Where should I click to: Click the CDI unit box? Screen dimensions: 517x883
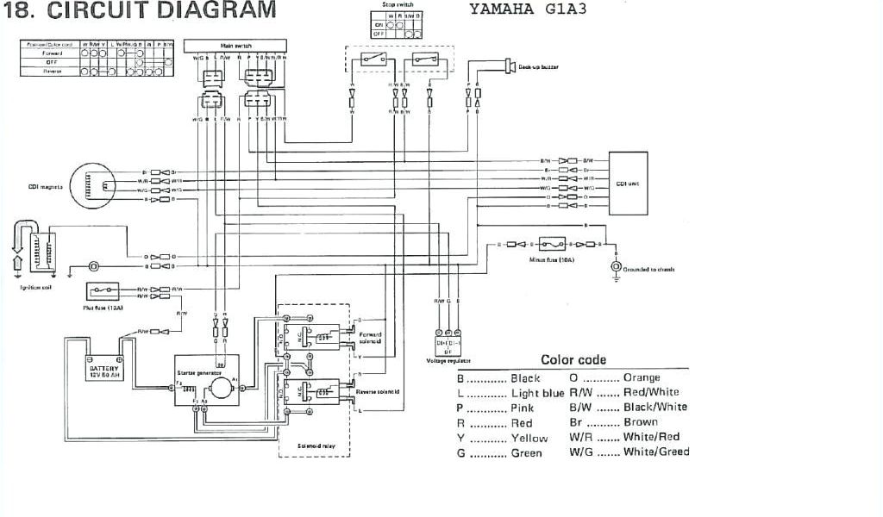pos(634,183)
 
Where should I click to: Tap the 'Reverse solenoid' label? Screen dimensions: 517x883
pos(378,391)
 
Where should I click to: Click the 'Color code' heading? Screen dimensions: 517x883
pos(573,359)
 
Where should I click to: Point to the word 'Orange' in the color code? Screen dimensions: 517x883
pos(641,377)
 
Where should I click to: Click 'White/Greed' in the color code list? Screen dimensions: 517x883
pos(656,452)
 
